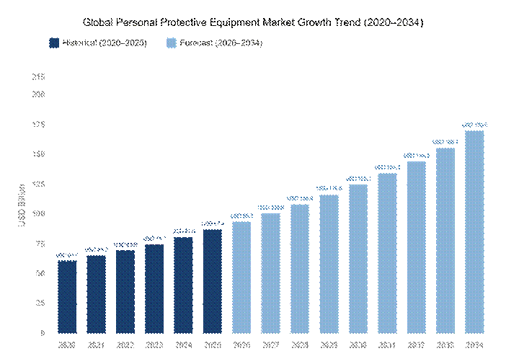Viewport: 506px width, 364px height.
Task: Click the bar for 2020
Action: [x=67, y=296]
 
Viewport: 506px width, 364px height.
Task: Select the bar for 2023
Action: [x=154, y=288]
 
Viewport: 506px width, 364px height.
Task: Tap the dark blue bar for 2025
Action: [x=213, y=281]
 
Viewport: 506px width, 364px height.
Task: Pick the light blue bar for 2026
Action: [x=241, y=277]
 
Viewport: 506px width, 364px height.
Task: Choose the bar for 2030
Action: [x=358, y=259]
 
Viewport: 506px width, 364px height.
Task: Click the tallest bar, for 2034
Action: [x=474, y=231]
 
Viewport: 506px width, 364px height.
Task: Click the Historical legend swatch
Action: [x=54, y=44]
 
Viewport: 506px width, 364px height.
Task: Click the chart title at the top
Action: [x=252, y=23]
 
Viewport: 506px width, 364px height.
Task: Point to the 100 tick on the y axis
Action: [x=39, y=214]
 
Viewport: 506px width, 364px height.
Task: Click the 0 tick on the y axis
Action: [x=42, y=333]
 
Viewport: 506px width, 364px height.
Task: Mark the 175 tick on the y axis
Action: [x=39, y=125]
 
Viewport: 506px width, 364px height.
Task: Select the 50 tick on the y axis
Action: [x=40, y=274]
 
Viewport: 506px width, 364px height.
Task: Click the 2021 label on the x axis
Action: [x=96, y=345]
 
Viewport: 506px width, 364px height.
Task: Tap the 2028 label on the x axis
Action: [x=300, y=345]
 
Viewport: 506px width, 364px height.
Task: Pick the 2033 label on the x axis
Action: [x=445, y=345]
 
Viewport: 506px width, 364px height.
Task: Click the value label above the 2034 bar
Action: [x=474, y=125]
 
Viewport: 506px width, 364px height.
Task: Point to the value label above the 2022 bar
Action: [x=125, y=245]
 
